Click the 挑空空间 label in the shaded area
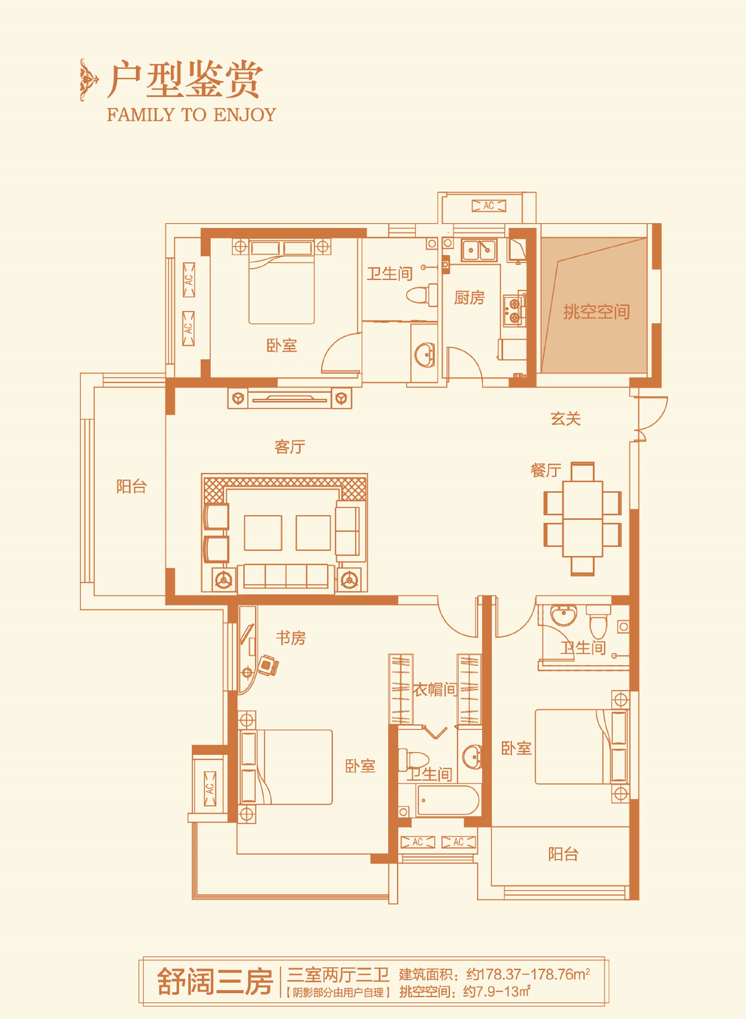596,312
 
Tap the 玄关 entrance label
565,419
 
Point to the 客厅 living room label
290,447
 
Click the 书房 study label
291,638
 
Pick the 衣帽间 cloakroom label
435,689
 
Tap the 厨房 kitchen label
469,298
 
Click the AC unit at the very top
489,206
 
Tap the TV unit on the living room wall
289,399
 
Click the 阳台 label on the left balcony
131,486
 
